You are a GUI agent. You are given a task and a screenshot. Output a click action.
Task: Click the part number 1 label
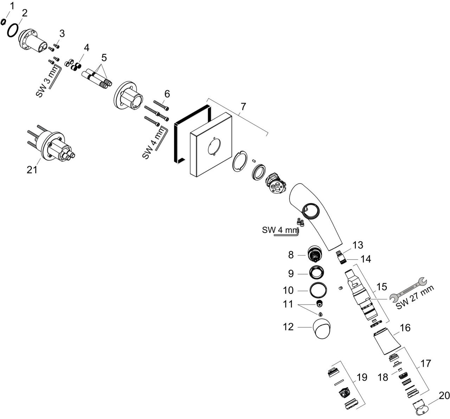pyautogui.click(x=12, y=6)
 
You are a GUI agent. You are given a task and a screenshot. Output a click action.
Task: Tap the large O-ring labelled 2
pyautogui.click(x=13, y=30)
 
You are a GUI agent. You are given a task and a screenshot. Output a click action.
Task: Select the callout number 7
pyautogui.click(x=243, y=106)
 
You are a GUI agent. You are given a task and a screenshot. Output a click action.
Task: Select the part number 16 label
pyautogui.click(x=405, y=328)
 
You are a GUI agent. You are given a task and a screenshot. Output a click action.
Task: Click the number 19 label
pyautogui.click(x=362, y=378)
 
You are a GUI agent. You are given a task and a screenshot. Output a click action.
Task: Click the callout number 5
pyautogui.click(x=104, y=57)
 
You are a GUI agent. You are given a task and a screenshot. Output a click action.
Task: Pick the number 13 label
pyautogui.click(x=358, y=245)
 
